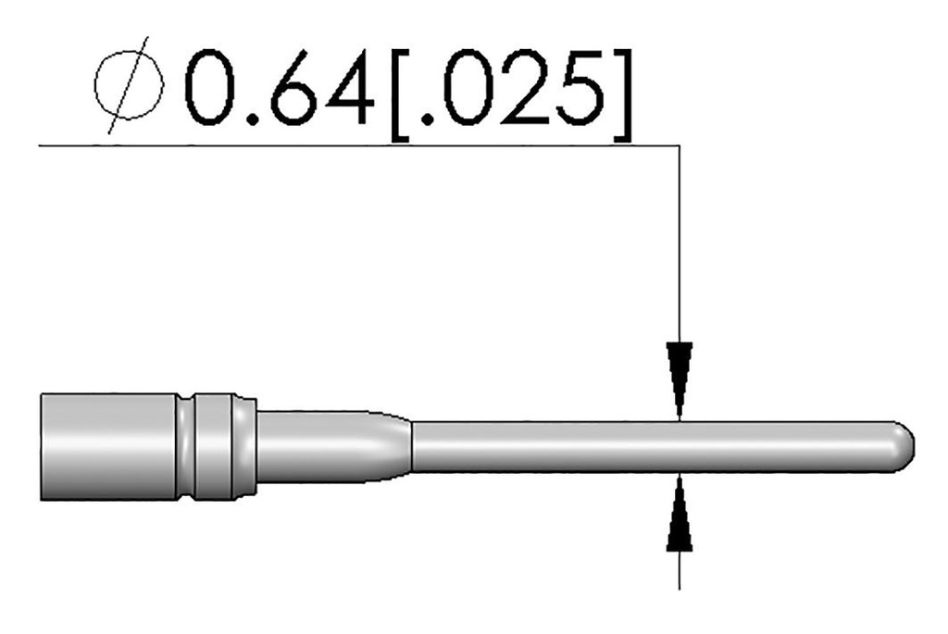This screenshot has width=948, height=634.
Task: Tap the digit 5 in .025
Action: pyautogui.click(x=576, y=89)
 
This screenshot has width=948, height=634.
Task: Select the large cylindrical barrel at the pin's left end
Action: pyautogui.click(x=106, y=446)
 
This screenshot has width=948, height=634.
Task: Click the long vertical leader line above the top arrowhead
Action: pyautogui.click(x=680, y=241)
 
